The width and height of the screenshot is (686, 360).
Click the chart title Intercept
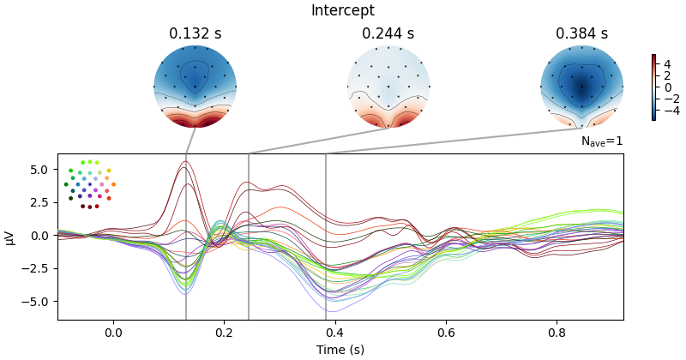[x=342, y=11]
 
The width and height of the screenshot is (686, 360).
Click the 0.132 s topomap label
[x=195, y=34]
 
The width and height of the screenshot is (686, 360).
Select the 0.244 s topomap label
[x=388, y=34]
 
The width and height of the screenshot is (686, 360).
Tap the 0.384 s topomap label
[x=581, y=34]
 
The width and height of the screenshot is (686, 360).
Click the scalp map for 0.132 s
[x=195, y=86]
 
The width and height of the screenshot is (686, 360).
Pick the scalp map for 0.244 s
[x=388, y=86]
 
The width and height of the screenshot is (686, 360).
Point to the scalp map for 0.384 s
[x=581, y=86]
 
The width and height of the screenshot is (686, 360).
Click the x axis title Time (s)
[x=340, y=350]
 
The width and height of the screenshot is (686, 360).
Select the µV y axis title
[x=10, y=237]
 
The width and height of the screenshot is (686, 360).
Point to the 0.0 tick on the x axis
[x=113, y=332]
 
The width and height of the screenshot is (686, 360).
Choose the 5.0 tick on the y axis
[x=40, y=170]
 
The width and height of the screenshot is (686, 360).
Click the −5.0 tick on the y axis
[x=38, y=302]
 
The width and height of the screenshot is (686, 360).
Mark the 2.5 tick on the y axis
[x=40, y=202]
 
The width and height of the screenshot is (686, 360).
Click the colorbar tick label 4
[x=666, y=63]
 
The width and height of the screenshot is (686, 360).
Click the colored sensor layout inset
[x=89, y=183]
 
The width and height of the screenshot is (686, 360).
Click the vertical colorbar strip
[x=653, y=87]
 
